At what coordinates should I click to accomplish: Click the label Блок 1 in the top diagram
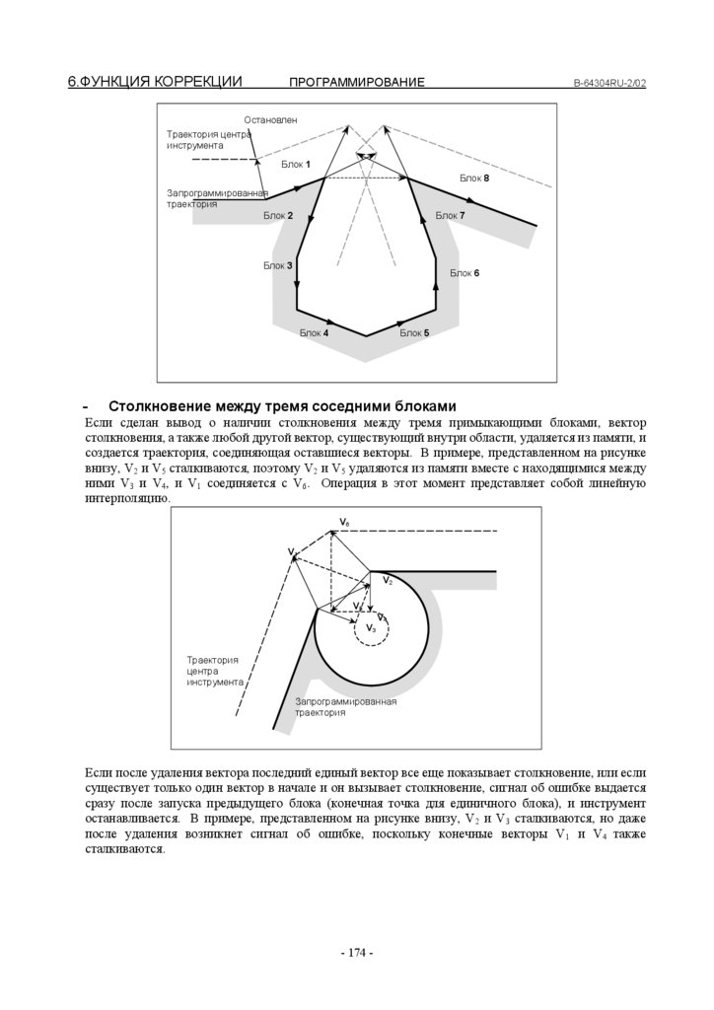point(296,164)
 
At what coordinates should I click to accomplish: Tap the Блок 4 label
point(314,333)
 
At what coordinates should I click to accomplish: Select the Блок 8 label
point(474,178)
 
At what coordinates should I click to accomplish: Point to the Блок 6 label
point(464,273)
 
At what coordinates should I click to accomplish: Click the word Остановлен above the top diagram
point(270,119)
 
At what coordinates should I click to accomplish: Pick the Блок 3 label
point(277,265)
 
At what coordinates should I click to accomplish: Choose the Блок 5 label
point(414,333)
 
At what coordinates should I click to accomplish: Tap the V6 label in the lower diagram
point(344,520)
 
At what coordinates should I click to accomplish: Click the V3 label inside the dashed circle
point(371,627)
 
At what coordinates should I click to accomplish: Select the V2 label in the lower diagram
point(388,581)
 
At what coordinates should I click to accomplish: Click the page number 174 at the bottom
point(356,953)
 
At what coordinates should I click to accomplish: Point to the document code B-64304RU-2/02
point(609,83)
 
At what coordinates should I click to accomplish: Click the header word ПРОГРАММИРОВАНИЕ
point(357,82)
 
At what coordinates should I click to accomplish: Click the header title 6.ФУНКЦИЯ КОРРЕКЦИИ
point(155,81)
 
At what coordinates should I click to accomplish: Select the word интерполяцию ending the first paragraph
point(126,498)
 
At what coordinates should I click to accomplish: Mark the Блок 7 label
point(450,215)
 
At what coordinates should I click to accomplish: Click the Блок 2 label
point(278,215)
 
